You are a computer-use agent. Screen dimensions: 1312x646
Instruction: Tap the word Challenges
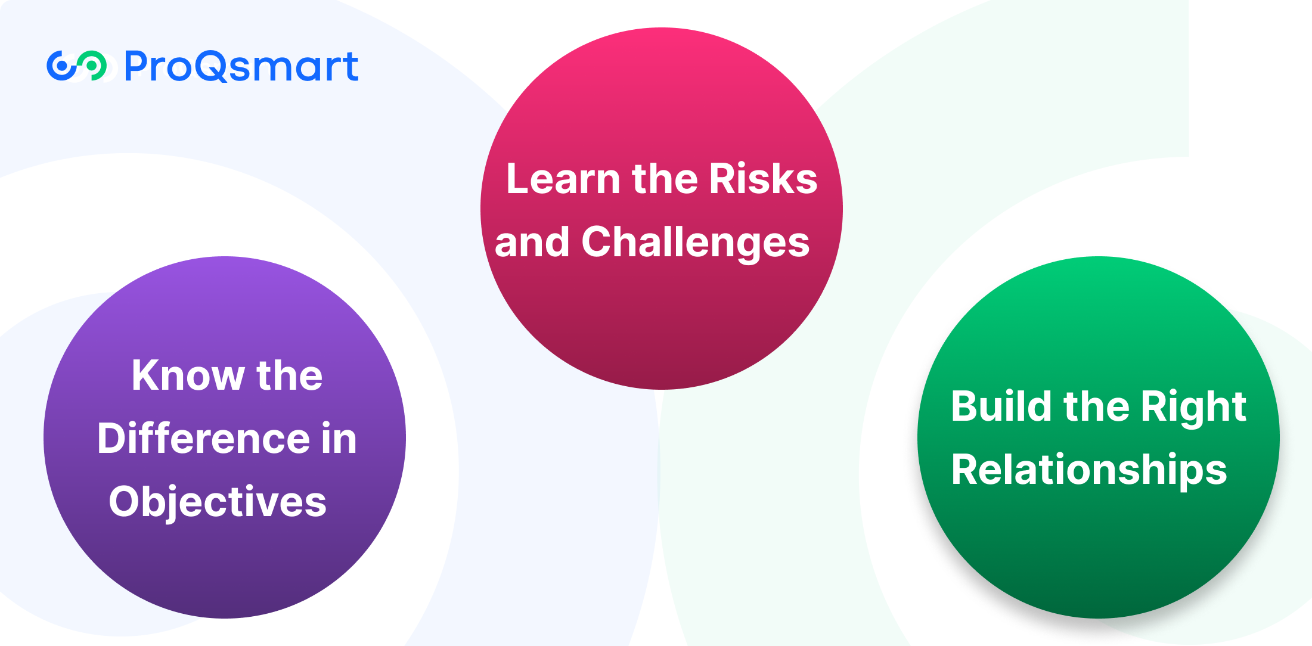pos(696,243)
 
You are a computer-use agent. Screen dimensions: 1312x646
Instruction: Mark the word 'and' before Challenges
pos(532,242)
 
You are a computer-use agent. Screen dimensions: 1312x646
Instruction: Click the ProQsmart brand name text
pos(241,66)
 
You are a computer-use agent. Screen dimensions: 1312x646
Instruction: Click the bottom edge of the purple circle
pos(225,617)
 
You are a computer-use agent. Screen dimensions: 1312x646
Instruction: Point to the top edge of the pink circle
pos(662,29)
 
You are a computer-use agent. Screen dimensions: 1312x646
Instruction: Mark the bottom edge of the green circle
pos(1099,617)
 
